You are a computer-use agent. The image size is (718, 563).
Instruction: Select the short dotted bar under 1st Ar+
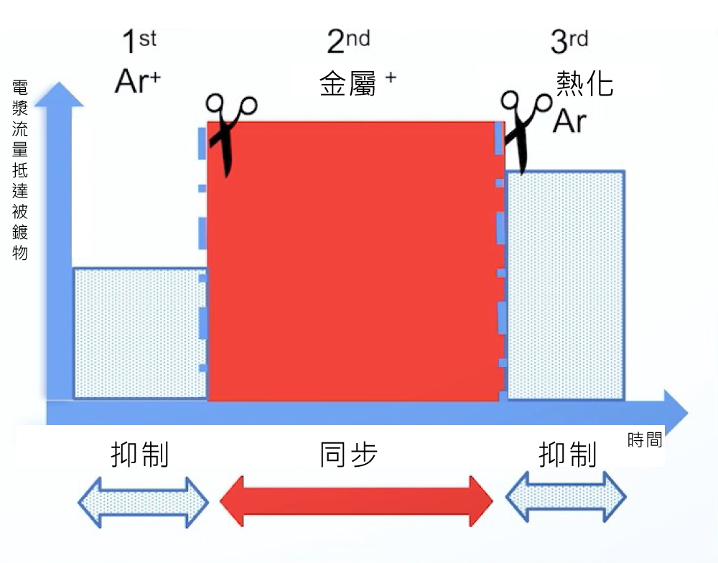(140, 333)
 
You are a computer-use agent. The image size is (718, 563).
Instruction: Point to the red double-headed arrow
(355, 499)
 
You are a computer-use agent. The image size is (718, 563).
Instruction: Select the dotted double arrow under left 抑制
(143, 501)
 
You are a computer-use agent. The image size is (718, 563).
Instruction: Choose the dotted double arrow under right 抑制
(567, 498)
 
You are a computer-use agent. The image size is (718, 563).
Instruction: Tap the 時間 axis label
(644, 440)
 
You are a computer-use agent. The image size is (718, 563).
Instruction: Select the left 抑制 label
(140, 455)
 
